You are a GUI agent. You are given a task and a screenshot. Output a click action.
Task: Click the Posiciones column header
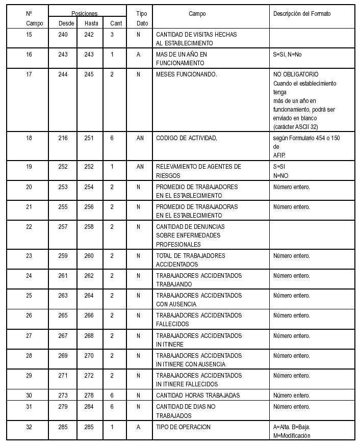(84, 14)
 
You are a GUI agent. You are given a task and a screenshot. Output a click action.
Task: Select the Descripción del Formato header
(302, 14)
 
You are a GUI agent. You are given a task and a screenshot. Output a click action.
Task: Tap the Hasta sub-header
(92, 23)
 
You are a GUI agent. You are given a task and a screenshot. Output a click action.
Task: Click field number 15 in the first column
(29, 35)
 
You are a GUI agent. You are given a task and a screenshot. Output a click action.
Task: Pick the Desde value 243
(63, 55)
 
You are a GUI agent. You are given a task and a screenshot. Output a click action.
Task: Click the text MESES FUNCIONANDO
(187, 74)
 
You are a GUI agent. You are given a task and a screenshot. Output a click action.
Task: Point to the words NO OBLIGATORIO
(296, 74)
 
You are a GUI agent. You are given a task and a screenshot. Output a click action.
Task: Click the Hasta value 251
(89, 138)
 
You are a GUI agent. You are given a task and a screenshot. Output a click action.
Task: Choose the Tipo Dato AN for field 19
(140, 167)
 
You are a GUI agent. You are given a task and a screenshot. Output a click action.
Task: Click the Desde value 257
(63, 227)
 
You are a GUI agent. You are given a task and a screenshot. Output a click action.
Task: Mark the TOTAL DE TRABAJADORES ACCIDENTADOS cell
(191, 260)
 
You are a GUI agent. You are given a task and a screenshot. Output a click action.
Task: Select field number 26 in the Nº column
(29, 315)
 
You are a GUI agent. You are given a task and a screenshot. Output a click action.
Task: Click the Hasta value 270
(89, 356)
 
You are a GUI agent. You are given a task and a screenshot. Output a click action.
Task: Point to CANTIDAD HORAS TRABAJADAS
(198, 396)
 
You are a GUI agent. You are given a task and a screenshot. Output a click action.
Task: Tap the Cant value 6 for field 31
(112, 407)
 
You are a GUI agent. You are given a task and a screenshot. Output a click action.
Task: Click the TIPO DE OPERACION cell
(183, 427)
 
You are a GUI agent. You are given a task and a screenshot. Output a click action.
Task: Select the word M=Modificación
(292, 436)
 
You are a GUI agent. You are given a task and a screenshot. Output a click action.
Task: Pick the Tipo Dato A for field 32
(138, 427)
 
